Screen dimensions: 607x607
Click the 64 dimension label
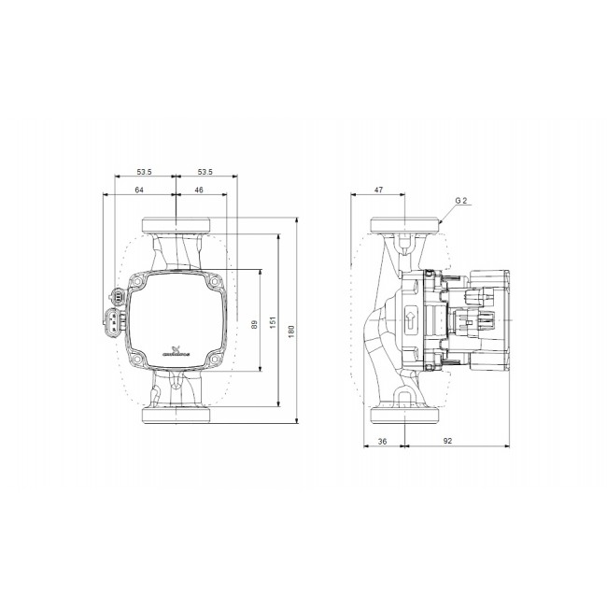(138, 190)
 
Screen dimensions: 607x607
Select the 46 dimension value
(200, 190)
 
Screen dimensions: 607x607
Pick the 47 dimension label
(378, 190)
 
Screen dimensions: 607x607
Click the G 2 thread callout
(460, 201)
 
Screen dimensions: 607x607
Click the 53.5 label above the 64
(145, 172)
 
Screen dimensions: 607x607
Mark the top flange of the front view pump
(176, 226)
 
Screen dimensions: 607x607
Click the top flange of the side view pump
(405, 226)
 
